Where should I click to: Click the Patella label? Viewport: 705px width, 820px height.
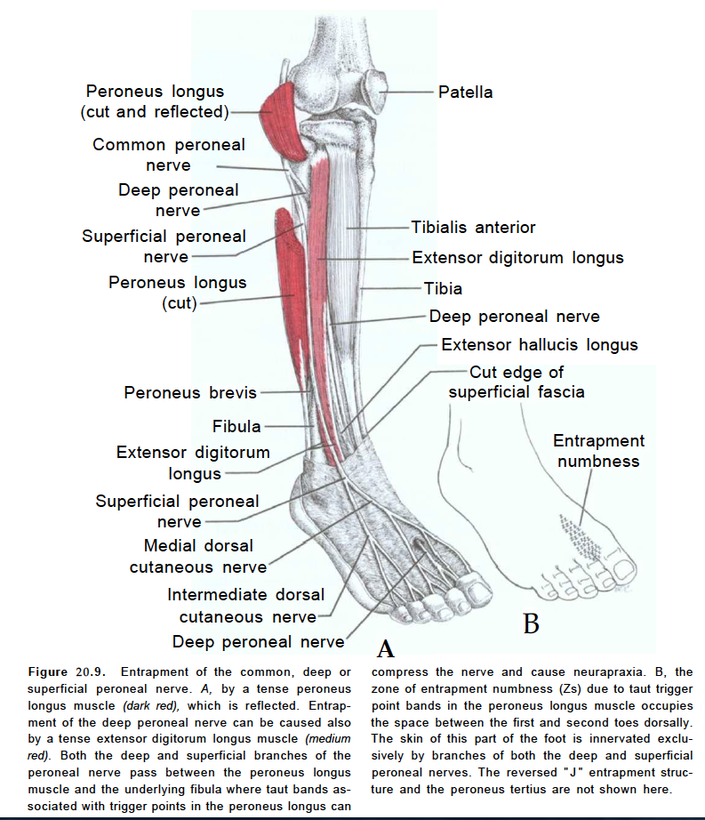(465, 92)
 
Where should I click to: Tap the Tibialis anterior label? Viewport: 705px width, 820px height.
(473, 228)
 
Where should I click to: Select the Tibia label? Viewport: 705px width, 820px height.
(443, 288)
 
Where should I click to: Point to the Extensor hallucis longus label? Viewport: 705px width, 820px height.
(539, 344)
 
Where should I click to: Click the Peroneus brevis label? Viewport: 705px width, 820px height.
(190, 392)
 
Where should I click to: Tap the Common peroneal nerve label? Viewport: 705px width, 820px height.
(169, 154)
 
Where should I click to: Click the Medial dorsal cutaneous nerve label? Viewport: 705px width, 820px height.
(198, 556)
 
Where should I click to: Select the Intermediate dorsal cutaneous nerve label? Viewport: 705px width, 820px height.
(245, 606)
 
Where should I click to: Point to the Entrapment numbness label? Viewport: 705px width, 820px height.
(598, 451)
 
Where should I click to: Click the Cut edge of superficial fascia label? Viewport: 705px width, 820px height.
(517, 382)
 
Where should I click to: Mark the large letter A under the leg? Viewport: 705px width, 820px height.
(385, 648)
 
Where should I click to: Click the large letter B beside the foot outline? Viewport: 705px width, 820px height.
(531, 623)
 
